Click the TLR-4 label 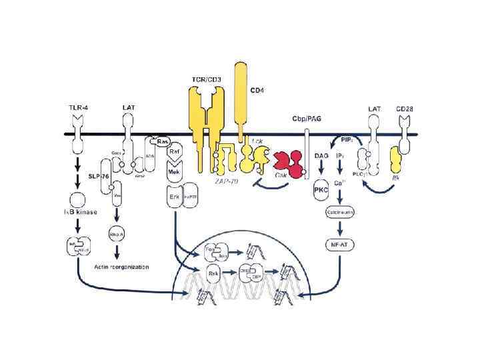tap(80, 107)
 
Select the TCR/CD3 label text tap(207, 80)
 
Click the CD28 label tap(407, 107)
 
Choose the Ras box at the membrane tap(162, 142)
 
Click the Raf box tap(175, 153)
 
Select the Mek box tap(175, 171)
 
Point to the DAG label tap(320, 155)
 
